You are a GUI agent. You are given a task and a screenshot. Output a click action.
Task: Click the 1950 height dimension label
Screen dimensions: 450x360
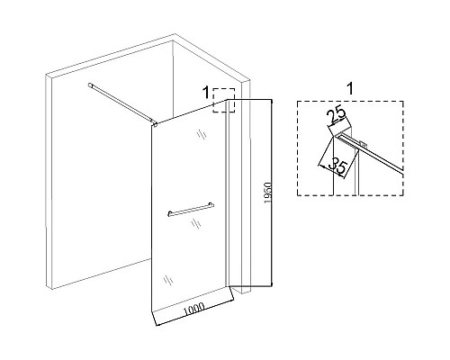(268, 193)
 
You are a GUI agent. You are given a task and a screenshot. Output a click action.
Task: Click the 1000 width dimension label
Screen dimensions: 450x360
(194, 309)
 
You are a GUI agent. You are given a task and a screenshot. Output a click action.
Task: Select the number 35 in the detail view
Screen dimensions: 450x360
(337, 166)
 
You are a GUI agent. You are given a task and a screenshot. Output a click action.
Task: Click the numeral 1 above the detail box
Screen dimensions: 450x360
(350, 89)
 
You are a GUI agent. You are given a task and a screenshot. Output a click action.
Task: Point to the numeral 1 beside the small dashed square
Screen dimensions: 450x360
(205, 93)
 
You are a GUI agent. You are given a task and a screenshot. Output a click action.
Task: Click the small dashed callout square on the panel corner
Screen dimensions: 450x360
(224, 100)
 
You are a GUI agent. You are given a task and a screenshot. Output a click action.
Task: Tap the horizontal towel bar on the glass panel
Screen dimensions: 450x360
(191, 209)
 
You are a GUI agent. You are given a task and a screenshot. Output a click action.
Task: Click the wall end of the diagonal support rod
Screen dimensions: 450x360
(90, 85)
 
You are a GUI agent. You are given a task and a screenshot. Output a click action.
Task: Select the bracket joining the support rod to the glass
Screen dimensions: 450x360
(155, 123)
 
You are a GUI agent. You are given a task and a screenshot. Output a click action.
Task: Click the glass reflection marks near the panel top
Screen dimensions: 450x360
(202, 134)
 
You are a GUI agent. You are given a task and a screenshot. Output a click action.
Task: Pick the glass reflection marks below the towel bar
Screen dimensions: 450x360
(196, 223)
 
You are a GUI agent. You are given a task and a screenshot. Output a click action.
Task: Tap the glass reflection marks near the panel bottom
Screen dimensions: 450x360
(168, 280)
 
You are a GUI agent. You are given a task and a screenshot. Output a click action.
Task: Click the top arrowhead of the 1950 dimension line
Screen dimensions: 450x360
(272, 101)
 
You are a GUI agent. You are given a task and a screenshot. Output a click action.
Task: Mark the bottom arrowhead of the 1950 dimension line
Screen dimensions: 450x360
(272, 284)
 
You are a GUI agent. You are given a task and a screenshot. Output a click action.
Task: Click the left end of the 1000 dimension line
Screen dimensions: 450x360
(157, 325)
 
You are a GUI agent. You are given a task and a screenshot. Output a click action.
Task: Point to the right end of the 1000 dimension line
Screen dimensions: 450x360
(233, 300)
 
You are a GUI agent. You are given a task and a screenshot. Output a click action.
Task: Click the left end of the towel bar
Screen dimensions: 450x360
(169, 213)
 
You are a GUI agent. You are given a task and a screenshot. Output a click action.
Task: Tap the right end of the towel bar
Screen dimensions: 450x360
(212, 204)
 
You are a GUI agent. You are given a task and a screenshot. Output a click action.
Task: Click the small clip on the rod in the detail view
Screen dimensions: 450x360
(364, 144)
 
